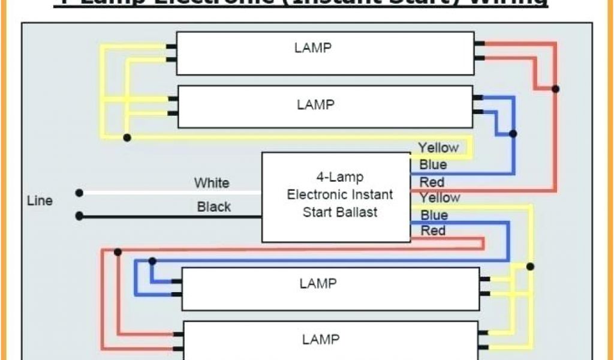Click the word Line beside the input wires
click(40, 201)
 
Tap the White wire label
click(211, 182)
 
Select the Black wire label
click(214, 207)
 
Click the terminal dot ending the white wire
click(79, 193)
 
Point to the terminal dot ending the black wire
click(79, 215)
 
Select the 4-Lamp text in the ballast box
click(339, 177)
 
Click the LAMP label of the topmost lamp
click(313, 48)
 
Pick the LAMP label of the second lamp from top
click(315, 104)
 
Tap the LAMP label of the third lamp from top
click(318, 283)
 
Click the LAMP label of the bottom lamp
click(321, 340)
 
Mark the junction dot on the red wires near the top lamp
click(556, 89)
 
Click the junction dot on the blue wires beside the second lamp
click(513, 134)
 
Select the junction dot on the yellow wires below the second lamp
click(127, 137)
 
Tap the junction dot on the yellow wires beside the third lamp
click(529, 266)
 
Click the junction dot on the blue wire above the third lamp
click(153, 261)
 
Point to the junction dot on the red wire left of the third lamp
click(118, 252)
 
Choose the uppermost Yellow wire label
click(438, 148)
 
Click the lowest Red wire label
click(433, 230)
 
